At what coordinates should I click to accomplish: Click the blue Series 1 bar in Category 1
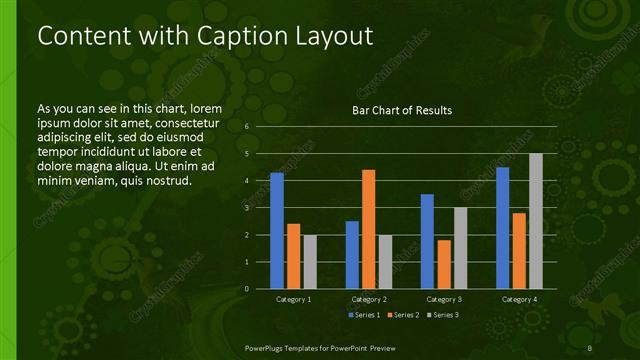(x=277, y=231)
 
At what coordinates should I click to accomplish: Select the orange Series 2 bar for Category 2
(x=369, y=229)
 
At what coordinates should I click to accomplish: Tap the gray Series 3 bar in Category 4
(x=536, y=221)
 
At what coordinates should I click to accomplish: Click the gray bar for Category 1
(x=310, y=262)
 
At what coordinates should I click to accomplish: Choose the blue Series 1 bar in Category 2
(x=352, y=255)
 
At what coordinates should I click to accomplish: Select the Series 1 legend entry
(x=363, y=315)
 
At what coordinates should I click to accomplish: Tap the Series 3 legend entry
(x=442, y=315)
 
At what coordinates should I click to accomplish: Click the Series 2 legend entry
(x=402, y=315)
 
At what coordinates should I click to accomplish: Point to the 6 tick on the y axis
(x=246, y=128)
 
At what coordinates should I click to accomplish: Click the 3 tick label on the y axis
(x=246, y=208)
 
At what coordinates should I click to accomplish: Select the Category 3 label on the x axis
(x=444, y=299)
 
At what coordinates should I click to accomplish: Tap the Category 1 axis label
(x=294, y=299)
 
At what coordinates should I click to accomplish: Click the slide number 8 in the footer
(x=591, y=347)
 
